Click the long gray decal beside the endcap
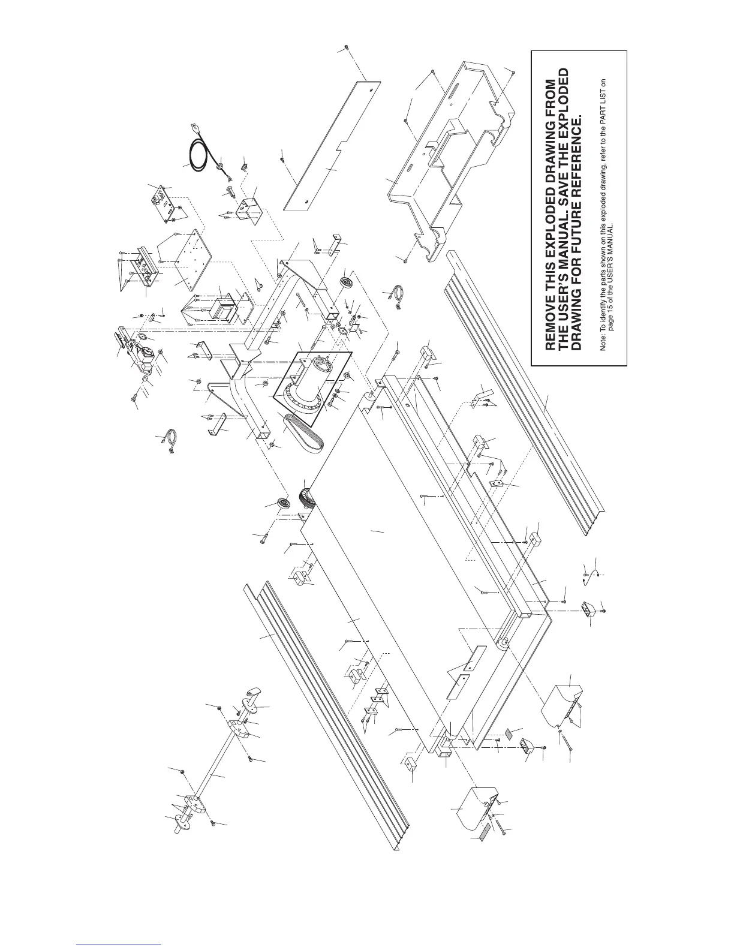pos(484,828)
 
